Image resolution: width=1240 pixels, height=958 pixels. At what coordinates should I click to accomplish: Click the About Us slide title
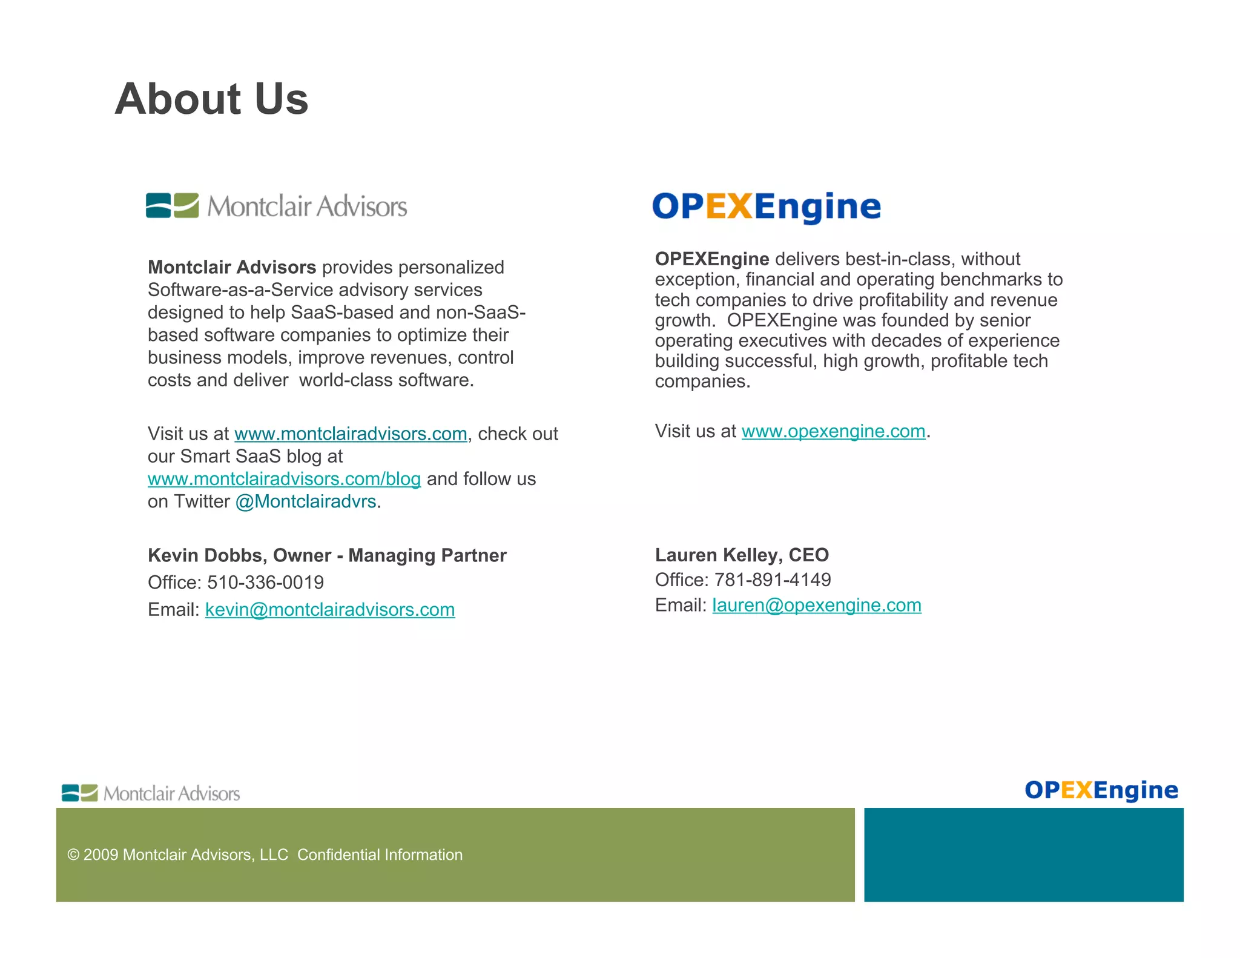(211, 99)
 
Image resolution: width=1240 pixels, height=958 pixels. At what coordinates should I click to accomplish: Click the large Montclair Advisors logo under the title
(276, 206)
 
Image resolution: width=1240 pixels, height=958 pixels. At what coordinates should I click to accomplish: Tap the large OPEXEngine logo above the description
(766, 206)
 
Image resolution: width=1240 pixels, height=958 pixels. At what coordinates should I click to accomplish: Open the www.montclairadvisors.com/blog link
(284, 479)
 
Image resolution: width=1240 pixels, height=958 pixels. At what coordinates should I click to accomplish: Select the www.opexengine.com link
(833, 431)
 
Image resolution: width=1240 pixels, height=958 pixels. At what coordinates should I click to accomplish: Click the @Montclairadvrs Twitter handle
(306, 501)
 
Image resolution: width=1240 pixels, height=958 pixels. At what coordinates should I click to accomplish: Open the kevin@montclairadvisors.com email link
(330, 609)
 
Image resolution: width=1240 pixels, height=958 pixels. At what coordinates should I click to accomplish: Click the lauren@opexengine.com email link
(816, 605)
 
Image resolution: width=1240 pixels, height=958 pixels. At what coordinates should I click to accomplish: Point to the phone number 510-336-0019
(265, 583)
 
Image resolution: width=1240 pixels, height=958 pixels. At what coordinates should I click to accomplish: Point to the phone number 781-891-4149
(773, 580)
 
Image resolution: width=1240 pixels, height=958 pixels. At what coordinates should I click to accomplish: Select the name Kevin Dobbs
(205, 555)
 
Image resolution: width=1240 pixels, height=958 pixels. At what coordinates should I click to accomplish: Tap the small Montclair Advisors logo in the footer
(151, 793)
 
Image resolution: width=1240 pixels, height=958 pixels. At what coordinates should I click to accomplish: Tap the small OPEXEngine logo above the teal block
(1101, 790)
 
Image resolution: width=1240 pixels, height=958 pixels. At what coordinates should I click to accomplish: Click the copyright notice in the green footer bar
(265, 854)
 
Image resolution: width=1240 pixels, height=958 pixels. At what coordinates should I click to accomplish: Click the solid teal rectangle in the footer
(1023, 854)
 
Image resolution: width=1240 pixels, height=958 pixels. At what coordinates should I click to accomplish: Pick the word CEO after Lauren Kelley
(808, 555)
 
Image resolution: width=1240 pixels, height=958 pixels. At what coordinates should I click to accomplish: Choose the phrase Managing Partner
(427, 555)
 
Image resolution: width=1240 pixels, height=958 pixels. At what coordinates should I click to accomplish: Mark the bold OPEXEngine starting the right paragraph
(711, 259)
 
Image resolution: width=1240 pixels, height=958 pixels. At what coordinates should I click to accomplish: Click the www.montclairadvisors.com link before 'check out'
(351, 434)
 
